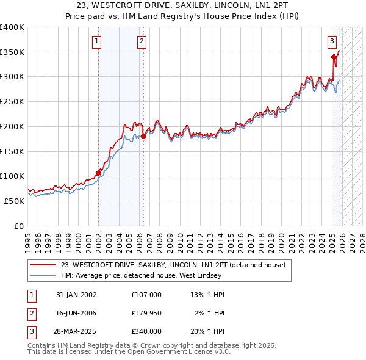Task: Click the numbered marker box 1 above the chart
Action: pos(98,41)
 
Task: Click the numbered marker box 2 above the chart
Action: pos(142,41)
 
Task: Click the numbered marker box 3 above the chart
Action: pos(332,41)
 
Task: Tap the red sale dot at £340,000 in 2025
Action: pos(334,57)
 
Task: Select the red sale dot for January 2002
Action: pos(98,172)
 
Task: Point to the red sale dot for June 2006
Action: pos(143,136)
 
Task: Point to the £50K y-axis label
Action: pos(14,201)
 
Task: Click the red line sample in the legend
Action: pos(43,265)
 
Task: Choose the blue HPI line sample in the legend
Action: pos(43,275)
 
